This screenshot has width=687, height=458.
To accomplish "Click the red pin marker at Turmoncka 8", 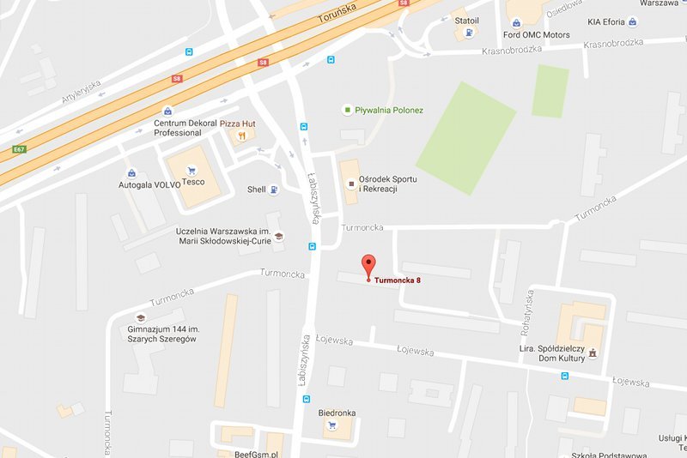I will [x=369, y=265].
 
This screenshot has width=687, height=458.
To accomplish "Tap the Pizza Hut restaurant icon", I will [x=244, y=135].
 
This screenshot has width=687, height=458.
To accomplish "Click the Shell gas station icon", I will [x=274, y=190].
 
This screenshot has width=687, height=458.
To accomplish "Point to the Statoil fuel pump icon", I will [x=468, y=33].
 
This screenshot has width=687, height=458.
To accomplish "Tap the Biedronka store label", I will [x=337, y=413].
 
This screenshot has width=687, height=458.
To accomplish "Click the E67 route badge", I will [x=18, y=149].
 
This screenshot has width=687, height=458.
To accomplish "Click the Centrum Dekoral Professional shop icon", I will [x=167, y=111].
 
